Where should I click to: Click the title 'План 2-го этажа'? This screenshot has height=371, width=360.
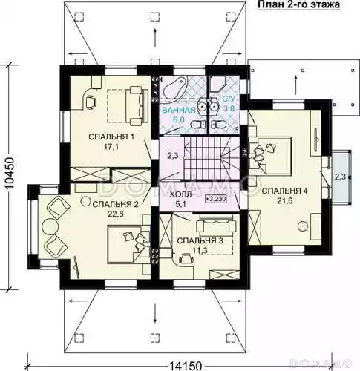(299, 4)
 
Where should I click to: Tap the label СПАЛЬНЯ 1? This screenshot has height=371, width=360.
(111, 137)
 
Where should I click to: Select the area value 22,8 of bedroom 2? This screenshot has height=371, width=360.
(115, 214)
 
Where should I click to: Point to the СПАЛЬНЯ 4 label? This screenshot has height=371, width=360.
(284, 191)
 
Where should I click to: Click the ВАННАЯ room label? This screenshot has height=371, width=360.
(179, 110)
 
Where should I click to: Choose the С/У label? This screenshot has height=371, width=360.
(228, 99)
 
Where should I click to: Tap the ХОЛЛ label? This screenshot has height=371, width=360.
(180, 194)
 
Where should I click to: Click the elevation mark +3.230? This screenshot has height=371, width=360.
(216, 199)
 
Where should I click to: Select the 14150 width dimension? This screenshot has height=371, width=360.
(186, 366)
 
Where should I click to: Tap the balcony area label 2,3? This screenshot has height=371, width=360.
(340, 177)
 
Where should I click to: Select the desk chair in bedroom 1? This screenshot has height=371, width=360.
(91, 102)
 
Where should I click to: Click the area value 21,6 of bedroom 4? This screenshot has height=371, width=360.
(285, 201)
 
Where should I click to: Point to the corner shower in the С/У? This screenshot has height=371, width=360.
(217, 84)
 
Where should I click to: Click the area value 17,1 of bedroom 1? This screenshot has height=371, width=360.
(111, 147)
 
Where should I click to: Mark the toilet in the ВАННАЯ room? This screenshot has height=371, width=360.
(198, 125)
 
